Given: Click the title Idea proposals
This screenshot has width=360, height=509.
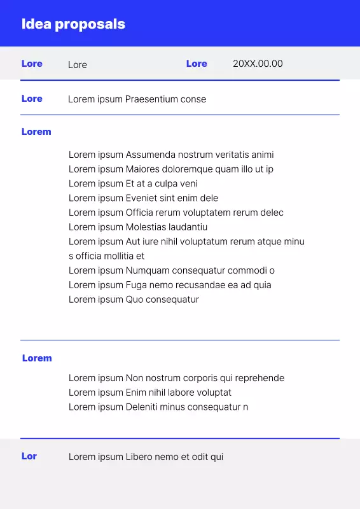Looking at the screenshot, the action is [73, 24].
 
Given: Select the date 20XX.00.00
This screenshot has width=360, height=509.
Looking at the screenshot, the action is [258, 64].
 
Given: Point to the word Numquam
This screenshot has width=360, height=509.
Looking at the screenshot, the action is [148, 270].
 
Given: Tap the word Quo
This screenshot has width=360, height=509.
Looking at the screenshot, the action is [134, 300].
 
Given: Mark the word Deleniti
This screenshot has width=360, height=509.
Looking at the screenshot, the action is [142, 407].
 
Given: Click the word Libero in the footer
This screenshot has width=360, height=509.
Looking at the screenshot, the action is [140, 457].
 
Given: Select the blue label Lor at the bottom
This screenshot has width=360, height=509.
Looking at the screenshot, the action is [29, 456].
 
